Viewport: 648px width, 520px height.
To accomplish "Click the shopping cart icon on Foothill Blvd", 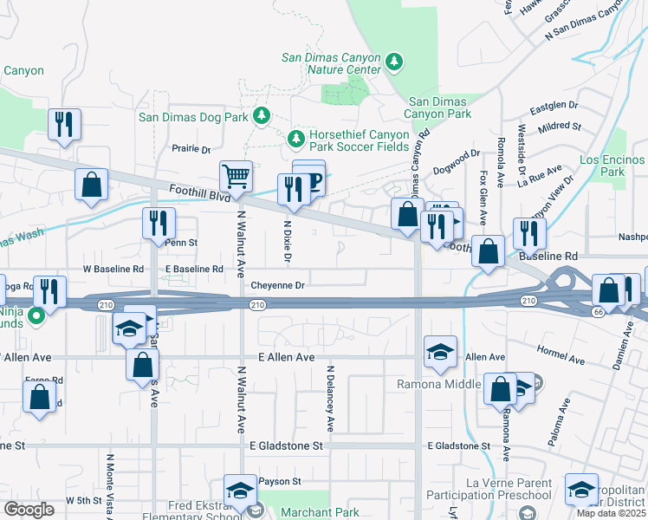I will point(236,178).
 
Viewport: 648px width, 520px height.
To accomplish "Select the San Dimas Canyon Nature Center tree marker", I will point(394,62).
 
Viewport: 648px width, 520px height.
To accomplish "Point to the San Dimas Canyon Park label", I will point(439,107).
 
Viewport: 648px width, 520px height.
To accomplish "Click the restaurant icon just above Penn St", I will point(159,223).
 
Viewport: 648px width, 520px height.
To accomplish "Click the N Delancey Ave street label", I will point(330,398).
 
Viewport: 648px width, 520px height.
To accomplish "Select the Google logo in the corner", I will point(29,509).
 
